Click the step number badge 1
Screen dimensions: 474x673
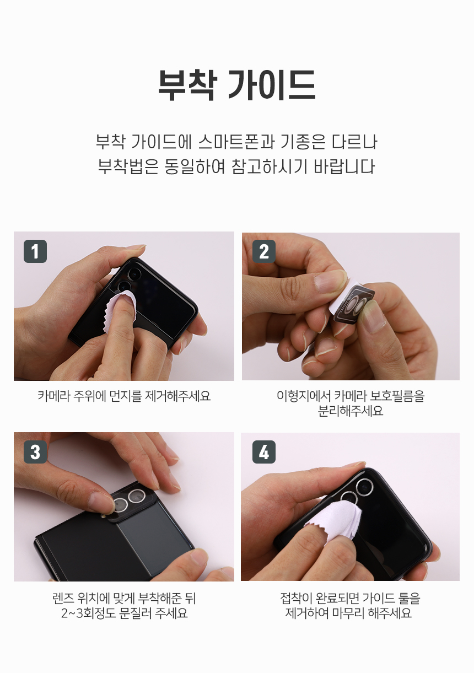coord(35,251)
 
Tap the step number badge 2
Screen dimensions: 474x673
coord(264,251)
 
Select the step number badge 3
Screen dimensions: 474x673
coord(35,452)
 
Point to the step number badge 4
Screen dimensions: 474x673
coord(264,452)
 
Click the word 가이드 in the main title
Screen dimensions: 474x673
coord(272,85)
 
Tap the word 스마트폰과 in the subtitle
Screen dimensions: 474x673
coord(236,142)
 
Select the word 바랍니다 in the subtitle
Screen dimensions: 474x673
coord(344,166)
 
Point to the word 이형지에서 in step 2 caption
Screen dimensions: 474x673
coord(302,396)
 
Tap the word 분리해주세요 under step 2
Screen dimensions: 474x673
coord(350,411)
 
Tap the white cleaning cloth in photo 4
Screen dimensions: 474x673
coord(333,522)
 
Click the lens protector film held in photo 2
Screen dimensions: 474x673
coord(352,306)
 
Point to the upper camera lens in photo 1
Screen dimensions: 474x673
coord(134,274)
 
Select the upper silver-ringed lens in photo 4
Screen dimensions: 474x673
coord(364,487)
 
